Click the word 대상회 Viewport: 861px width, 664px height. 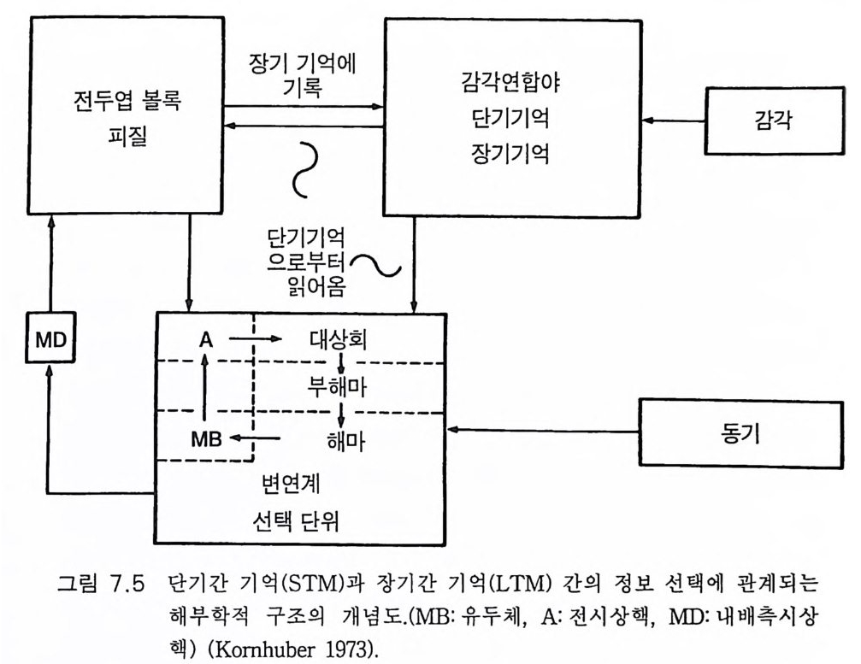[x=338, y=340]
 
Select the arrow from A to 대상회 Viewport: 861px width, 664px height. [x=254, y=339]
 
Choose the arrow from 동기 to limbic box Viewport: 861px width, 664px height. [x=544, y=429]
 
